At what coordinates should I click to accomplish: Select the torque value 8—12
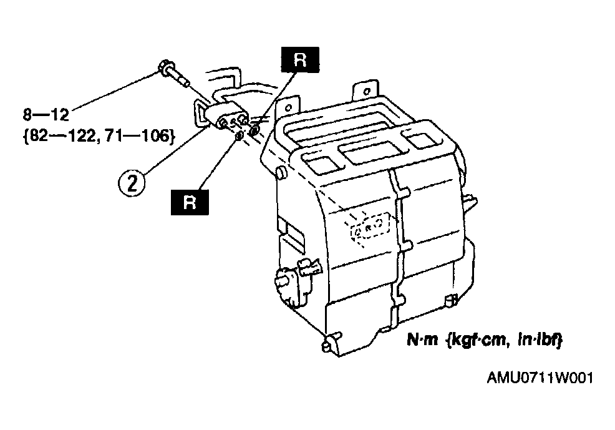point(46,115)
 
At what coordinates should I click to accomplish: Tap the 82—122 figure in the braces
point(63,136)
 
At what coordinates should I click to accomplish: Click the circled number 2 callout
point(132,183)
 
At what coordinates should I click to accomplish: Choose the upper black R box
point(300,60)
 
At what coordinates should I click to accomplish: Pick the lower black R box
point(190,202)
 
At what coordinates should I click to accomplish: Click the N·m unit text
point(422,340)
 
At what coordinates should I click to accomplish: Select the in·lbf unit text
point(540,340)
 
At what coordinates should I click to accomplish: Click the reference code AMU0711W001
point(540,378)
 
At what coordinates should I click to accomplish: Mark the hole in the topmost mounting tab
point(367,91)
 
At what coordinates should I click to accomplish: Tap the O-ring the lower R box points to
point(238,136)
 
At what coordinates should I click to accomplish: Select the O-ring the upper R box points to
point(254,130)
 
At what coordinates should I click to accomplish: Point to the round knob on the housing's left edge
point(280,172)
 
